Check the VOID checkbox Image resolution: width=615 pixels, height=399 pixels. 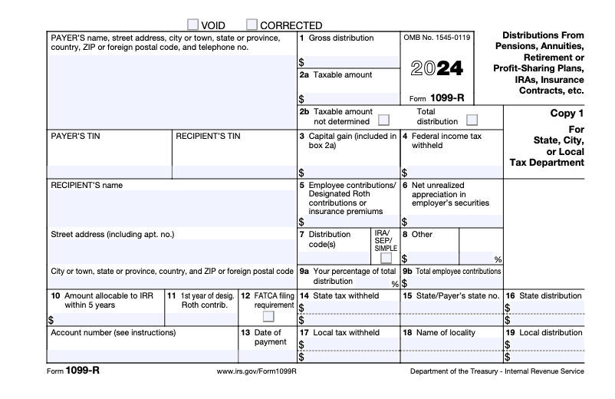click(x=193, y=25)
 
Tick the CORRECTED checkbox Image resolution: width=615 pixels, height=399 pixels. click(x=252, y=25)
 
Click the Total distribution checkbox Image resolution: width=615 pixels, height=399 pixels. click(x=472, y=120)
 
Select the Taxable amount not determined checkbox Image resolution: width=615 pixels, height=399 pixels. click(x=383, y=120)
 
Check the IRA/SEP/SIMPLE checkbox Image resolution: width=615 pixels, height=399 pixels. click(x=386, y=258)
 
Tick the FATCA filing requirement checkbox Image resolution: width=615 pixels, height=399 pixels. click(x=268, y=316)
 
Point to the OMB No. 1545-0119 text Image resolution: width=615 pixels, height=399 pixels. click(x=436, y=38)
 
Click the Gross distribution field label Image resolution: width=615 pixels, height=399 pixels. click(x=341, y=38)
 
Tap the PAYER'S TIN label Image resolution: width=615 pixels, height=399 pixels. click(x=75, y=137)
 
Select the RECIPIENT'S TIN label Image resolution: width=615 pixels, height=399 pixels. click(x=208, y=137)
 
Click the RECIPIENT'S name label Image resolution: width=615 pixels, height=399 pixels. click(x=86, y=185)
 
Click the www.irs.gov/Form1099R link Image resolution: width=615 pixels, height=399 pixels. click(x=257, y=371)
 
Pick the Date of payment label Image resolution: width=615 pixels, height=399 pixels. click(x=270, y=338)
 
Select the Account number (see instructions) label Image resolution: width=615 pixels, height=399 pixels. click(x=113, y=332)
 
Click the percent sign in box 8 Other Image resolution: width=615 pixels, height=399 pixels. click(x=498, y=259)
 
